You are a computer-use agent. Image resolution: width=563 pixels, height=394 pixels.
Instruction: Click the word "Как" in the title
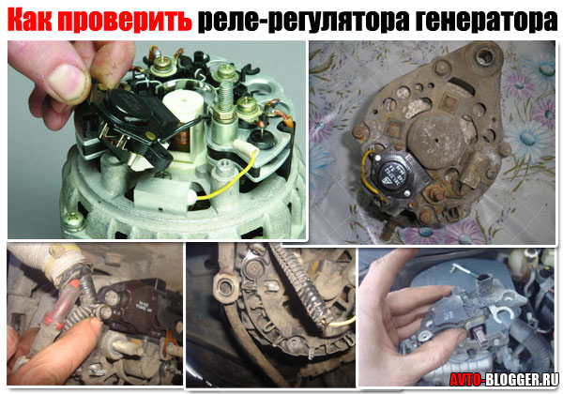point(29,19)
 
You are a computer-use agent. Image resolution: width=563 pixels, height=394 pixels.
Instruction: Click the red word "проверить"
point(124,20)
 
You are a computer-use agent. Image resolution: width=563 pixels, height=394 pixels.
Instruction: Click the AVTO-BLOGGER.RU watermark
point(504,379)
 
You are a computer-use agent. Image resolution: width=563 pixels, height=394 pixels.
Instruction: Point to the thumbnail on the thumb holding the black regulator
point(69,81)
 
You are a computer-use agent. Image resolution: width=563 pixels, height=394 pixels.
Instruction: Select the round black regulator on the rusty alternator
point(392,173)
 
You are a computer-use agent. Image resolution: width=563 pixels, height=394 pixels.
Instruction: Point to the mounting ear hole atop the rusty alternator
point(485,56)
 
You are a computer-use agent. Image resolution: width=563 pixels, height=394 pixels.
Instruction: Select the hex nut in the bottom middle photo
point(225,287)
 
